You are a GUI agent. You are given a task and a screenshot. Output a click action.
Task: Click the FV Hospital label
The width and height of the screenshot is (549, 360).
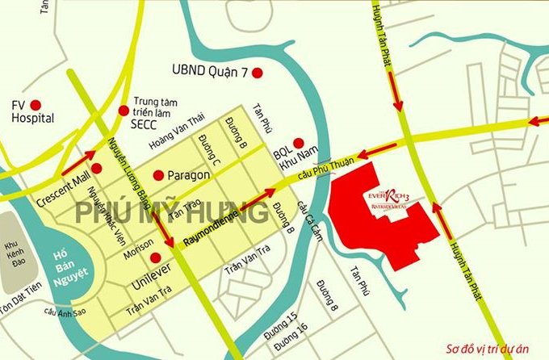coord(32,111)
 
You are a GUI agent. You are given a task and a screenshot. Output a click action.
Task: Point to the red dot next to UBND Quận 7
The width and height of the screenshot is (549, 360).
coord(258,73)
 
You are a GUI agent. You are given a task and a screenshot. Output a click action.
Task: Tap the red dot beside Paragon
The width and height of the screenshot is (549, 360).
coord(157,174)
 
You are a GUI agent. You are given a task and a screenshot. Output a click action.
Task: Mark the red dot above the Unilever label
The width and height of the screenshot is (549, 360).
coord(155,257)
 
